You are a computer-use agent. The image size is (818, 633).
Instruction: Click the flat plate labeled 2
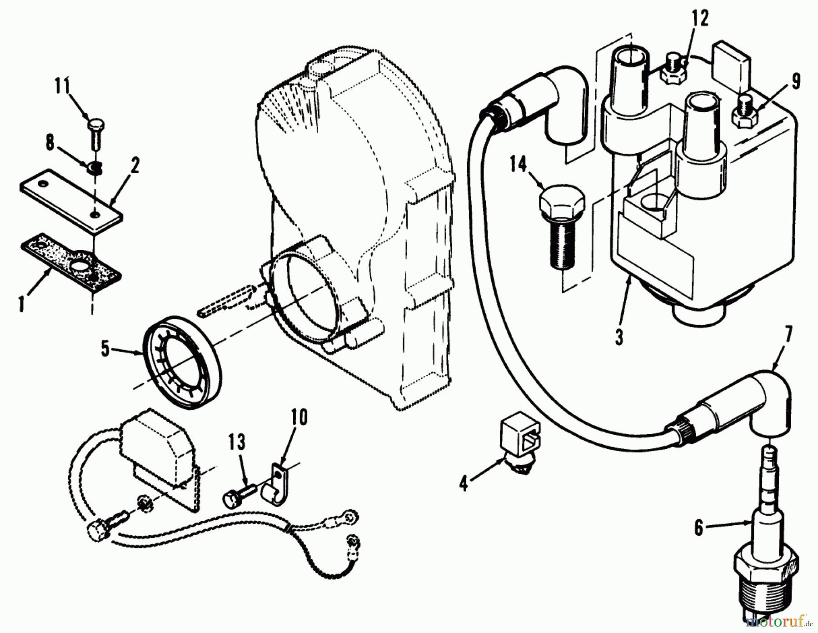[x=70, y=200]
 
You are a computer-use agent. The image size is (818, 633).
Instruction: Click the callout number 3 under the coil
[x=619, y=338]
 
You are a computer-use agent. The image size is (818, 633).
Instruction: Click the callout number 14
[x=518, y=165]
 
